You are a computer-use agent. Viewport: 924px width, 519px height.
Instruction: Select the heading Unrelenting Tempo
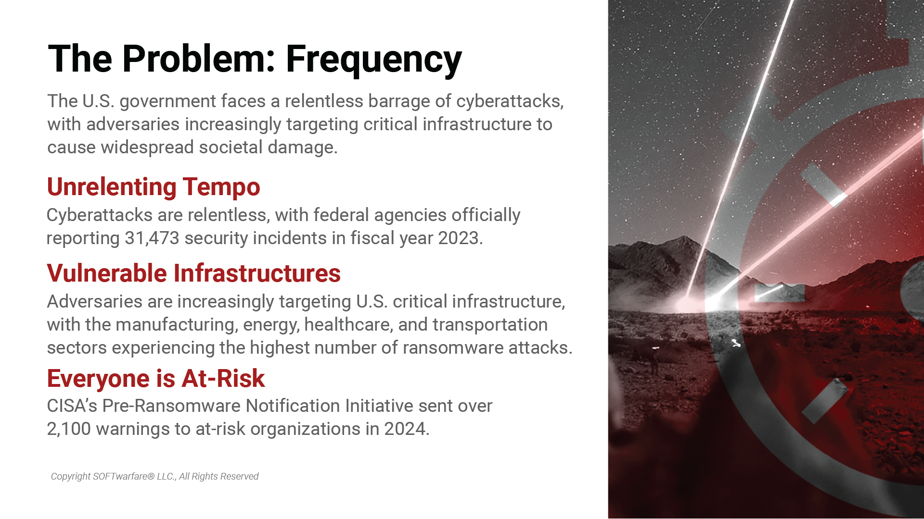tap(154, 187)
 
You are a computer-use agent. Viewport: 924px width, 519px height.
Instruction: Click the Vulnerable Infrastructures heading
tap(194, 273)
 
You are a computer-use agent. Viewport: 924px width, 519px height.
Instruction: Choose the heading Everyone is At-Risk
tap(156, 378)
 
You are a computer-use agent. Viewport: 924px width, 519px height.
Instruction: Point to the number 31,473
tap(152, 238)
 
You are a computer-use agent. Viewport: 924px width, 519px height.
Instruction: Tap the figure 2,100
tap(69, 429)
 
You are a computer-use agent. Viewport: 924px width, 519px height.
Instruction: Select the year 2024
tap(406, 429)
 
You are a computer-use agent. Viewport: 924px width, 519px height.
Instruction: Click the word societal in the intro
tap(231, 147)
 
